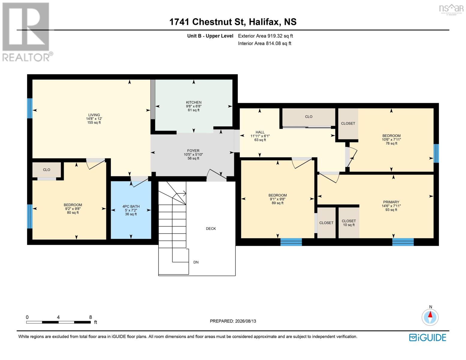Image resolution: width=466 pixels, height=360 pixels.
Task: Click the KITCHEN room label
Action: tap(194, 102)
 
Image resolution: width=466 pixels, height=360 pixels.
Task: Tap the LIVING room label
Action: tap(94, 115)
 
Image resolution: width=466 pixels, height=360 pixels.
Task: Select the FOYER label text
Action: tap(193, 151)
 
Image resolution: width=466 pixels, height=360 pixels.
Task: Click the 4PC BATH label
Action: tap(131, 206)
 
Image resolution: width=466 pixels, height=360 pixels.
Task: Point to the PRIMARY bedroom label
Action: tap(391, 202)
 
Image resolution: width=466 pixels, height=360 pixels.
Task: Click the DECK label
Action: tap(211, 229)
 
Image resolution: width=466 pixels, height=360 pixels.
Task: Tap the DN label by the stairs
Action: tap(196, 262)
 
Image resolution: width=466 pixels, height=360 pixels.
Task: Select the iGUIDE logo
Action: tap(427, 337)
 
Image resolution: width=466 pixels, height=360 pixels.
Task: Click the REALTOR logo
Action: tap(27, 32)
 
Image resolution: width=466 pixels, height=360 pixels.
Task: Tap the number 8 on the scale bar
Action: tap(91, 317)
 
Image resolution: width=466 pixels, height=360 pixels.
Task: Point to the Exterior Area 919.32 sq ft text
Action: tap(265, 36)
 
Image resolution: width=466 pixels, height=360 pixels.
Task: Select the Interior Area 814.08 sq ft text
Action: tap(265, 43)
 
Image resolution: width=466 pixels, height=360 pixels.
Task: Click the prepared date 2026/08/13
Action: tap(245, 321)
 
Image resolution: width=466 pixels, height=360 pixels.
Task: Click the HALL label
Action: tap(260, 132)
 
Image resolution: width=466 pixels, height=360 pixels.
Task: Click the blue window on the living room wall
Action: tap(30, 108)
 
